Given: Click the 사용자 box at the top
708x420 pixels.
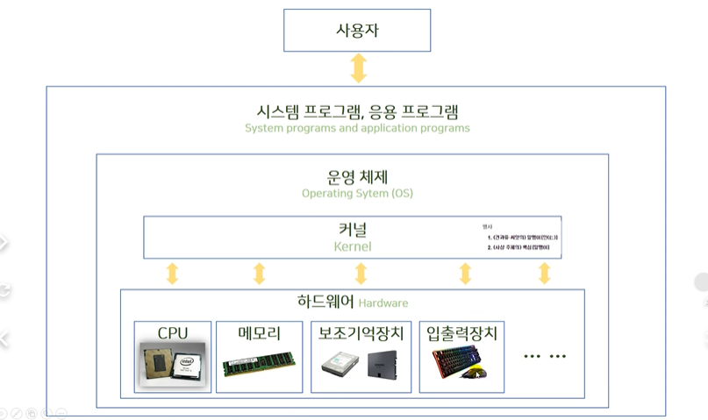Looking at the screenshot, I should click(356, 31).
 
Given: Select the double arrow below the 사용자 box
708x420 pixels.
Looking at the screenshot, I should click(358, 68).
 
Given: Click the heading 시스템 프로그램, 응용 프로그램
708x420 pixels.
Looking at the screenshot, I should click(356, 111).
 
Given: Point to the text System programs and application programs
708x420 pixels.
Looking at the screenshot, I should click(356, 128).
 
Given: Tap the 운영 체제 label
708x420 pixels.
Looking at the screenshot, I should click(356, 176).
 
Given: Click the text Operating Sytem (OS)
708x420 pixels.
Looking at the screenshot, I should click(356, 193).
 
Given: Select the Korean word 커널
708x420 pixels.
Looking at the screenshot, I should click(353, 231).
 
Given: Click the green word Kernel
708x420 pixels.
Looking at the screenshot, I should click(353, 246).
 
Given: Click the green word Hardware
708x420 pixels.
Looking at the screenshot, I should click(383, 303).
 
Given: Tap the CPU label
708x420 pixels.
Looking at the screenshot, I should click(173, 333).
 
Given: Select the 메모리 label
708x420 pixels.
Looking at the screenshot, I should click(259, 333).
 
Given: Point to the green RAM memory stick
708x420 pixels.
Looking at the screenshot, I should click(259, 366).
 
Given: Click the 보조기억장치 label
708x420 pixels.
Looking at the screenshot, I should click(361, 333).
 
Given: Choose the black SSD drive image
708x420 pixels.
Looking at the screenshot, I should click(383, 366).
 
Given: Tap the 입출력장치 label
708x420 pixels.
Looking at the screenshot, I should click(461, 333).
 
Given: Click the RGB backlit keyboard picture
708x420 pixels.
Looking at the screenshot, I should click(460, 362).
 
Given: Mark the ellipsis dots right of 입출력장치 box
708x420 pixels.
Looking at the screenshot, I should click(544, 357).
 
